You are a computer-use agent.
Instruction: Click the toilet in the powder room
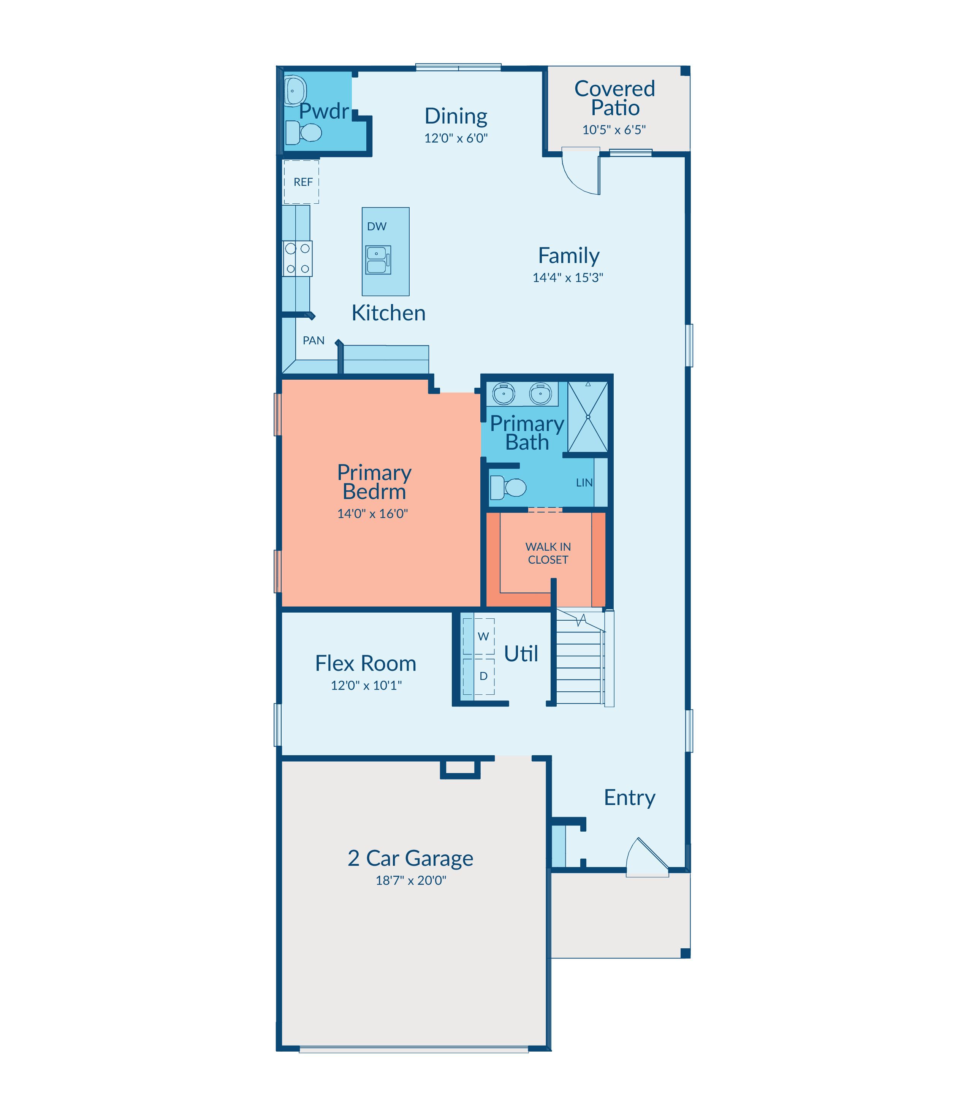pos(303,133)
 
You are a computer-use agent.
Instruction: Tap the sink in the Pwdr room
pos(295,90)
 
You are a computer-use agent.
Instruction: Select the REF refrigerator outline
pos(302,182)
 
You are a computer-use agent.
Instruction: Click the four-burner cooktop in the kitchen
pos(298,258)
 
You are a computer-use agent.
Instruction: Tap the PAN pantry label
pos(313,341)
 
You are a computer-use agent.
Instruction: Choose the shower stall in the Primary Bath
pos(588,417)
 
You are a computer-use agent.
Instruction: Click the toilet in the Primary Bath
pos(508,487)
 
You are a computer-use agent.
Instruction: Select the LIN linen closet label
pos(584,482)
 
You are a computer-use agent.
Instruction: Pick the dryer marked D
pos(478,676)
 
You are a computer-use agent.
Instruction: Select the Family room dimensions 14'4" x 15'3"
pos(568,277)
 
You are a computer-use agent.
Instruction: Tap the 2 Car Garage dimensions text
pos(411,881)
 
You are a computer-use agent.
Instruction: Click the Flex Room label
pos(366,664)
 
